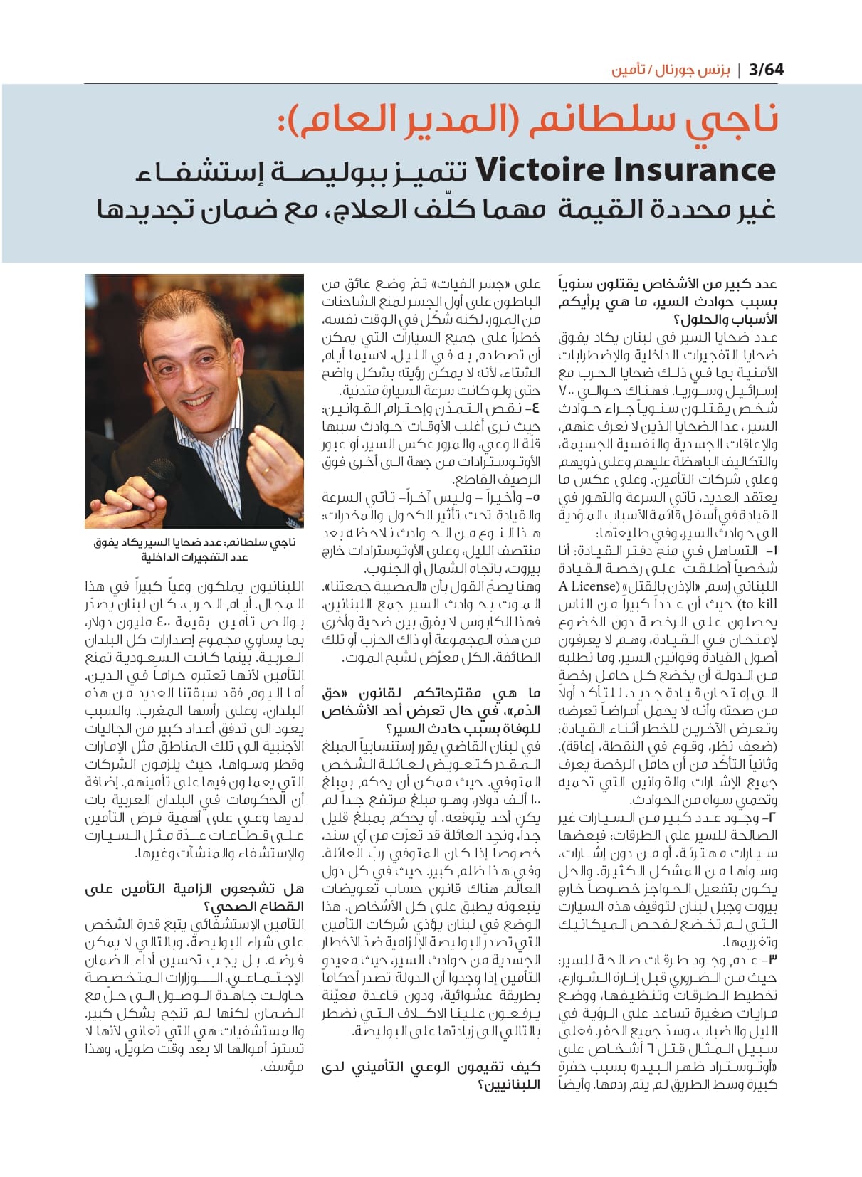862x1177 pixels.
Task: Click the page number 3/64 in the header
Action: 766,70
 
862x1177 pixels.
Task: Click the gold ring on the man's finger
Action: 265,470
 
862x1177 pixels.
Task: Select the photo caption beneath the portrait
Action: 194,549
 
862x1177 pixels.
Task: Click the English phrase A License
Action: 588,586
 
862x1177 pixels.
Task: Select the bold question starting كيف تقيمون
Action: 431,1075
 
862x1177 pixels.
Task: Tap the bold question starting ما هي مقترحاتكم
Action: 431,710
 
